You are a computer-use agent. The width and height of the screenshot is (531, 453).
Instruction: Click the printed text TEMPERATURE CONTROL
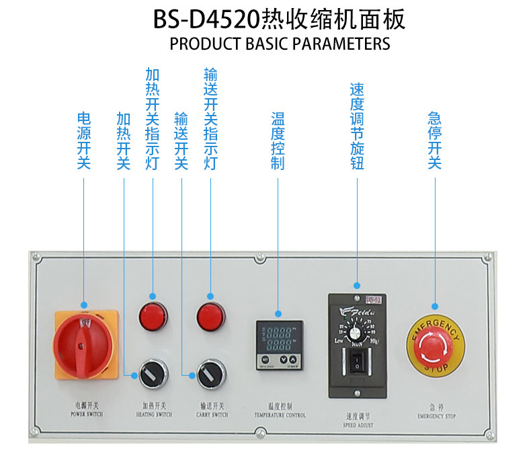279,415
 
